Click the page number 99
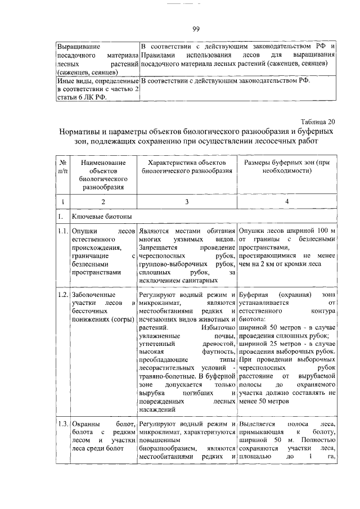(x=196, y=29)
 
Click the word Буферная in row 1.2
(x=254, y=294)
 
